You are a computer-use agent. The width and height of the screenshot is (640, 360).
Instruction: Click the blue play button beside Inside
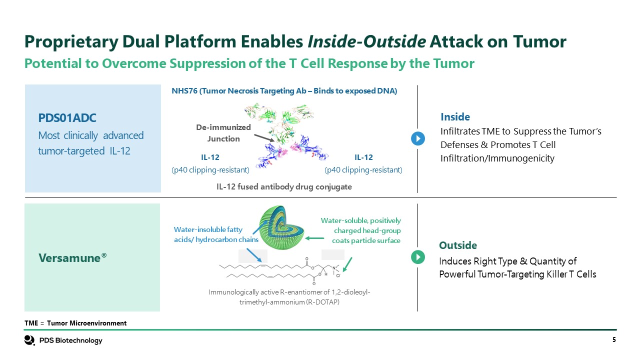[417, 138]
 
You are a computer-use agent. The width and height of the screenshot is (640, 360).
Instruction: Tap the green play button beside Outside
[417, 257]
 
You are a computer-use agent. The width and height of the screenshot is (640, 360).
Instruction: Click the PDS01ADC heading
[67, 118]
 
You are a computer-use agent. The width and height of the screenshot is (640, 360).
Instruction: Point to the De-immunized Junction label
[223, 133]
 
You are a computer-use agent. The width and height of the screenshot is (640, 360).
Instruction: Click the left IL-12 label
[210, 157]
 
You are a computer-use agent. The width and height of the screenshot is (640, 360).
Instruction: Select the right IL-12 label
[363, 157]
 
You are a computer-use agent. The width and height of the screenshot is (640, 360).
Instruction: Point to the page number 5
[613, 340]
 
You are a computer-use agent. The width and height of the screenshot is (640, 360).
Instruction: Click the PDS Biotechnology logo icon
[29, 340]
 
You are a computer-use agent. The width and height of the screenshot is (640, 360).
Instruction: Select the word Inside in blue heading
[455, 117]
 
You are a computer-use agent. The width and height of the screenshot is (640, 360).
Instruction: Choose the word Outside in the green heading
[458, 245]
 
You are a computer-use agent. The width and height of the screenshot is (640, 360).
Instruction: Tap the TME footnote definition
[75, 323]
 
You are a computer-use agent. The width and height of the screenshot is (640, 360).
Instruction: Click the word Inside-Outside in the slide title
[366, 42]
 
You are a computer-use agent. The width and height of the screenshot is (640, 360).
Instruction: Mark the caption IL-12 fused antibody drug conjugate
[284, 186]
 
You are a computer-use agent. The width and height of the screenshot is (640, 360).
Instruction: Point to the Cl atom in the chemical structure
[338, 275]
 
